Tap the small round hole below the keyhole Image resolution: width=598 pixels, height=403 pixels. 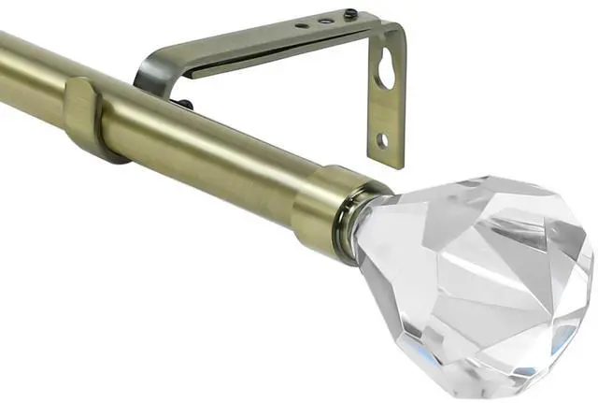tap(382, 140)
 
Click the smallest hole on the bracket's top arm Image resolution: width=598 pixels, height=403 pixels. tap(301, 26)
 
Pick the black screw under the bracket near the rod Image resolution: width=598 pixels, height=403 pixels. tap(187, 105)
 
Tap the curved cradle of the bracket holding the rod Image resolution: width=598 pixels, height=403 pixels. tap(149, 75)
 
